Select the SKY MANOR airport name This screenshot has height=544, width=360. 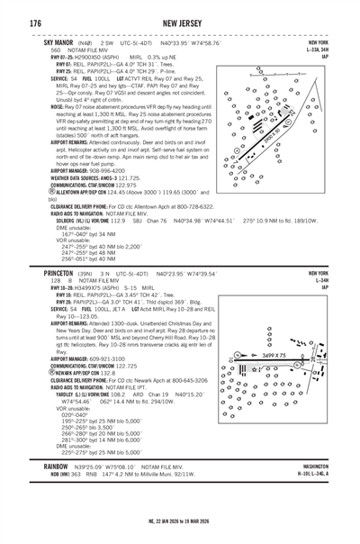point(51,42)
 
